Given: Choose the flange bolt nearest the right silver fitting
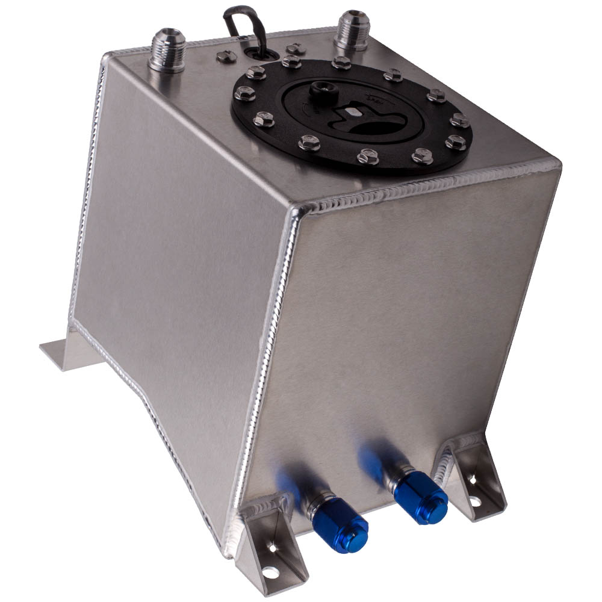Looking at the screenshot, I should [341, 63].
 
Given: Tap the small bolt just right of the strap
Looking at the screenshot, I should [295, 48].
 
